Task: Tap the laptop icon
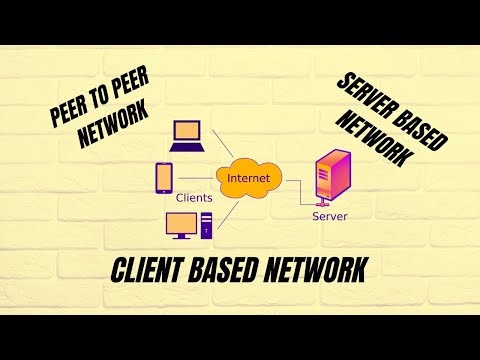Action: coord(186,134)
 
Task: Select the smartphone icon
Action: coord(164,178)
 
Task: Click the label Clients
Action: coord(194,198)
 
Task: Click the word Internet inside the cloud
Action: coord(248,178)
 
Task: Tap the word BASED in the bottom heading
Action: coord(237,271)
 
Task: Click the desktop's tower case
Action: coord(207,226)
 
